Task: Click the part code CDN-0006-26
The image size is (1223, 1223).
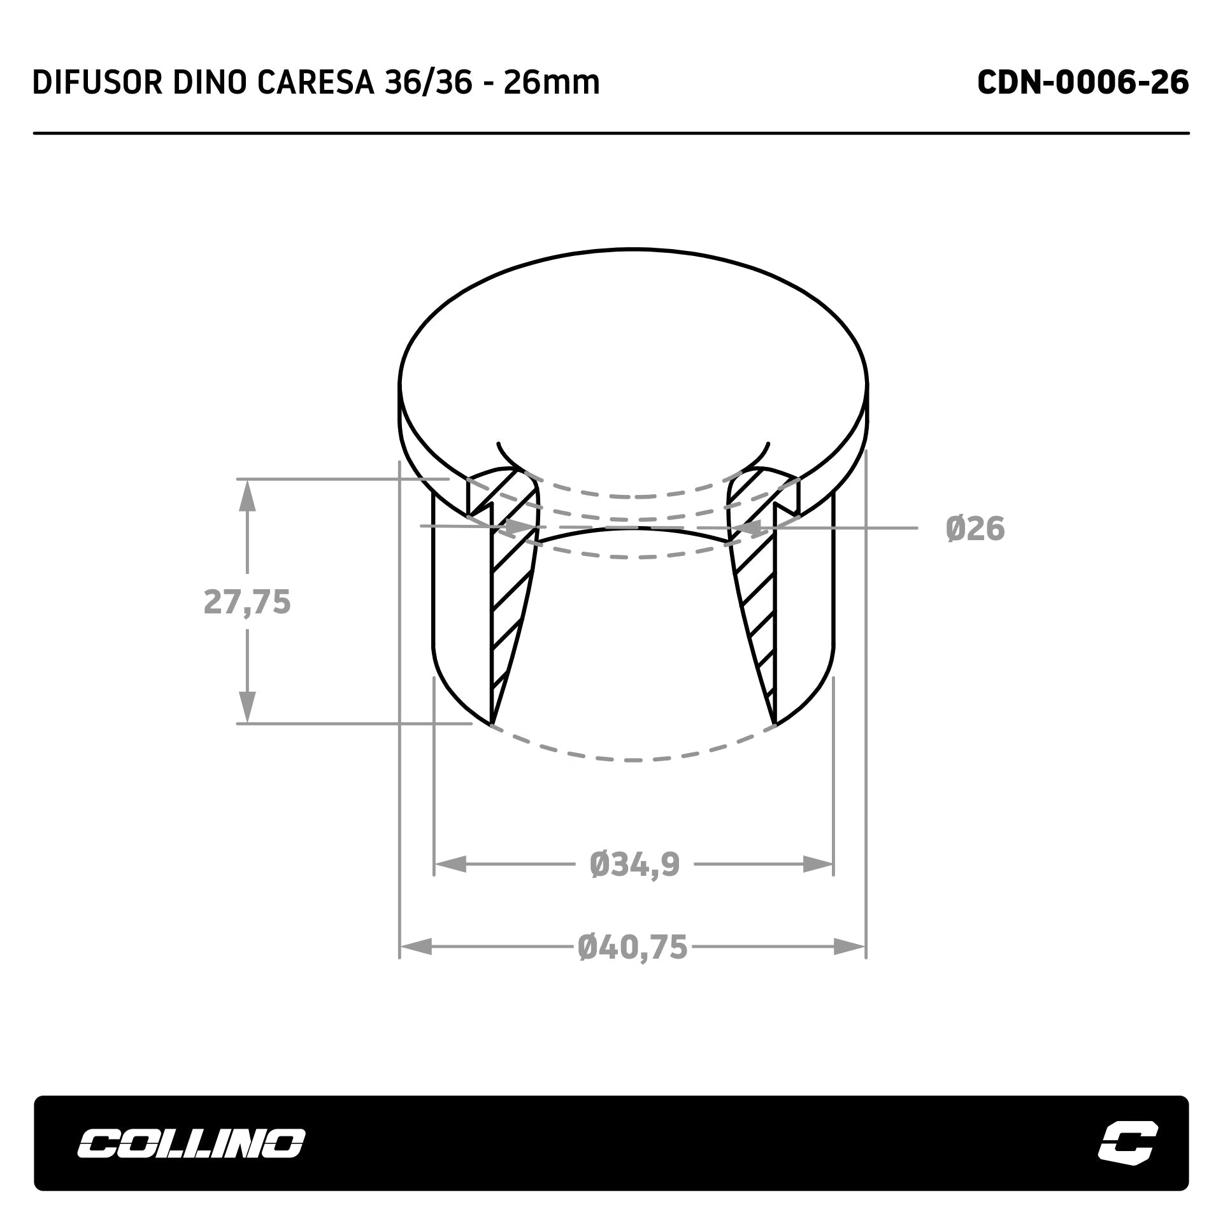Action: [x=1083, y=82]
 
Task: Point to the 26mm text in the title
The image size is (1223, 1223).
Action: [x=552, y=83]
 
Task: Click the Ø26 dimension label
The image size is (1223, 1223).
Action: [x=975, y=529]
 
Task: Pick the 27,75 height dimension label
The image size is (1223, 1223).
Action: [x=247, y=602]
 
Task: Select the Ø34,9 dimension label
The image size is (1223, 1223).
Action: [x=635, y=865]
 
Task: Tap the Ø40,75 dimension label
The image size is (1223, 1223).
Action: [x=633, y=947]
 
